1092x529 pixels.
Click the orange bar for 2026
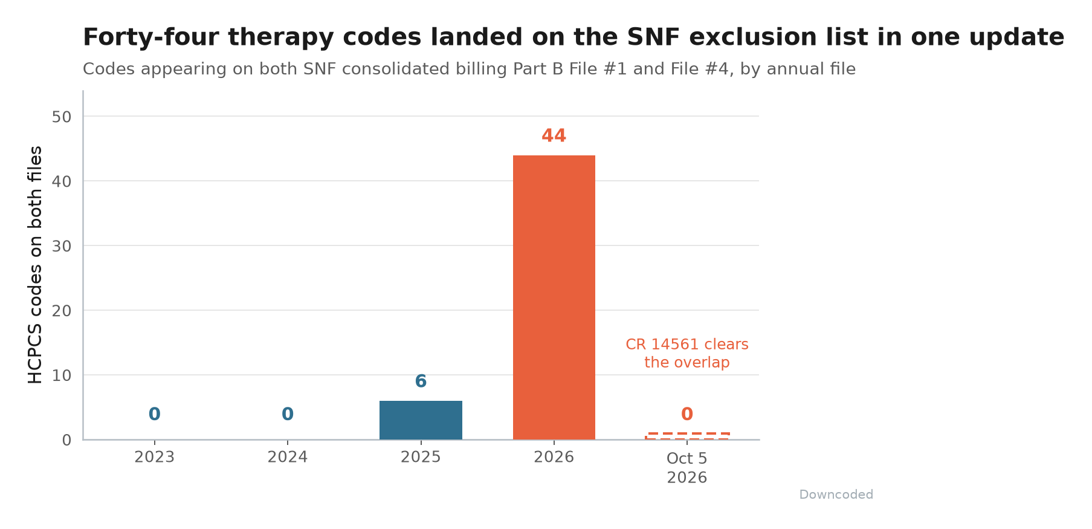554,297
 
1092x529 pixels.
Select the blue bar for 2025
421,420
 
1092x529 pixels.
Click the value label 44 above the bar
554,136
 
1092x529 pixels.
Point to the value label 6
421,381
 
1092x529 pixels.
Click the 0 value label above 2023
155,414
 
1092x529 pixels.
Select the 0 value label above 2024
288,414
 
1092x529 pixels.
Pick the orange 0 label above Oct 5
687,414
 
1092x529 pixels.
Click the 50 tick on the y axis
62,117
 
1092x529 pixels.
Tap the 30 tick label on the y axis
62,246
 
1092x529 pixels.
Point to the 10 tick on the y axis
62,375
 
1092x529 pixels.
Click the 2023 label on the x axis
155,457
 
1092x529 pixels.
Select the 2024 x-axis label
288,457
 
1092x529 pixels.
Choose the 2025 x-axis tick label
421,457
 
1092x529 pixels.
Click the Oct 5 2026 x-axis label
687,468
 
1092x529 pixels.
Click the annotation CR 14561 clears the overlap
687,353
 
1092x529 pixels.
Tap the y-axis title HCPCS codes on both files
36,265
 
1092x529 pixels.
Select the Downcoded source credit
836,495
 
